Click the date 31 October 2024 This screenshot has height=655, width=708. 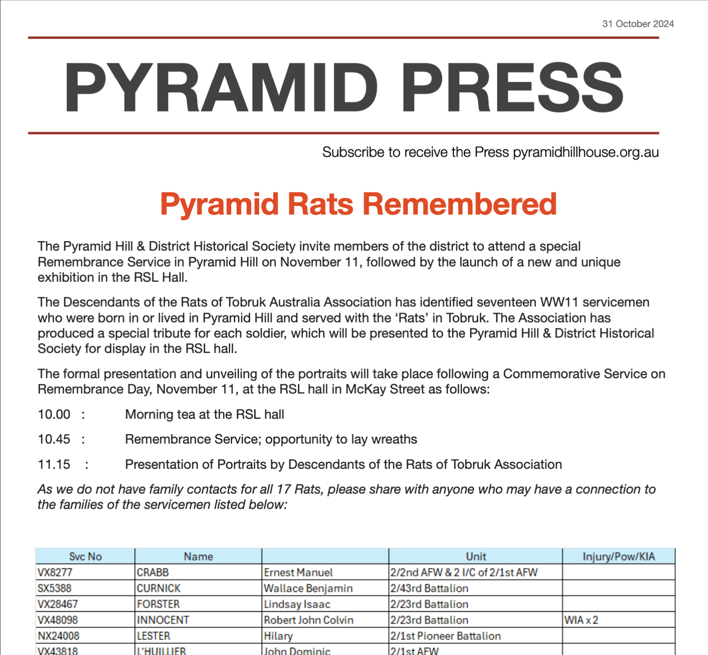[x=638, y=24]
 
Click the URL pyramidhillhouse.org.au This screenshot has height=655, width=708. [x=586, y=152]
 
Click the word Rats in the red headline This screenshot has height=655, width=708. [x=320, y=204]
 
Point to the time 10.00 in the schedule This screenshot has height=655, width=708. [x=54, y=414]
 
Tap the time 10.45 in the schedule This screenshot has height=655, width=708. [x=54, y=439]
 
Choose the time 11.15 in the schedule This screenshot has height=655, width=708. [x=54, y=464]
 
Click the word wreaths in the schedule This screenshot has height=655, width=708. [x=394, y=439]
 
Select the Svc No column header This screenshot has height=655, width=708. [x=85, y=557]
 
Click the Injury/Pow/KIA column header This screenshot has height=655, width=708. [x=619, y=557]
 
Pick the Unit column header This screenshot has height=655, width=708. [x=476, y=557]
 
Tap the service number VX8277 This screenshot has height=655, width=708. [x=55, y=572]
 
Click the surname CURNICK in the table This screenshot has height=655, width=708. [x=158, y=588]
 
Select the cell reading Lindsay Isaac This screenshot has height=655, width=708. [x=297, y=604]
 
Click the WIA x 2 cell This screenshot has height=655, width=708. [x=581, y=620]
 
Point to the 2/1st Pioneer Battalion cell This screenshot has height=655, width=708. [x=446, y=636]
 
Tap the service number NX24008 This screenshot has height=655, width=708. [x=59, y=636]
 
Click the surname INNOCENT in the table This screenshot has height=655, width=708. [x=163, y=620]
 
